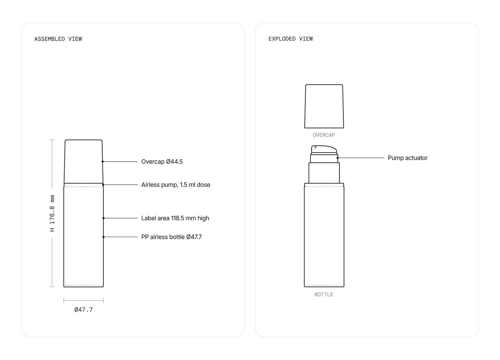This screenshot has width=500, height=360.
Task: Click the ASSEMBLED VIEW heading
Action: click(58, 39)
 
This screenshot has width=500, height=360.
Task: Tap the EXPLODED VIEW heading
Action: click(290, 39)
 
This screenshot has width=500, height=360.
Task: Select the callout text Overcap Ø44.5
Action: click(162, 162)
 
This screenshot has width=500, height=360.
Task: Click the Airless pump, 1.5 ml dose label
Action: click(176, 185)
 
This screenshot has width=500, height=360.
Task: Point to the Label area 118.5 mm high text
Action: click(175, 218)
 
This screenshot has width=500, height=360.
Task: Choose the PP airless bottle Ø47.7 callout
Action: click(172, 237)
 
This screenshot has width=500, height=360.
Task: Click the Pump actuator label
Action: click(408, 158)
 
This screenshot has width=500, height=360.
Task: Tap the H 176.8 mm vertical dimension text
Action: click(52, 213)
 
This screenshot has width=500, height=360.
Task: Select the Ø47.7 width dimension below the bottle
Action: click(83, 310)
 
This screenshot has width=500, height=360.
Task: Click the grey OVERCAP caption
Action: click(324, 135)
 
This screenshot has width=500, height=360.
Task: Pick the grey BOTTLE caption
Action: click(324, 295)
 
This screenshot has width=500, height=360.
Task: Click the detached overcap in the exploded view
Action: click(324, 106)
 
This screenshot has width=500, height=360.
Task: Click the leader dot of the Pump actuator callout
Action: click(337, 158)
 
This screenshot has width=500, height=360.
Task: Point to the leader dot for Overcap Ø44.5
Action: click(102, 162)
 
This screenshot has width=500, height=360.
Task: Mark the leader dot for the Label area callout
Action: click(103, 218)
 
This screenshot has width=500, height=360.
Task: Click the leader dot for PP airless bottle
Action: click(103, 237)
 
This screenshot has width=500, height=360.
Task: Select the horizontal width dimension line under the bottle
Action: click(83, 300)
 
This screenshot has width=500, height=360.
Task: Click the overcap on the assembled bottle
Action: click(83, 162)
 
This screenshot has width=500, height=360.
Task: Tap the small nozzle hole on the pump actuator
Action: click(315, 147)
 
